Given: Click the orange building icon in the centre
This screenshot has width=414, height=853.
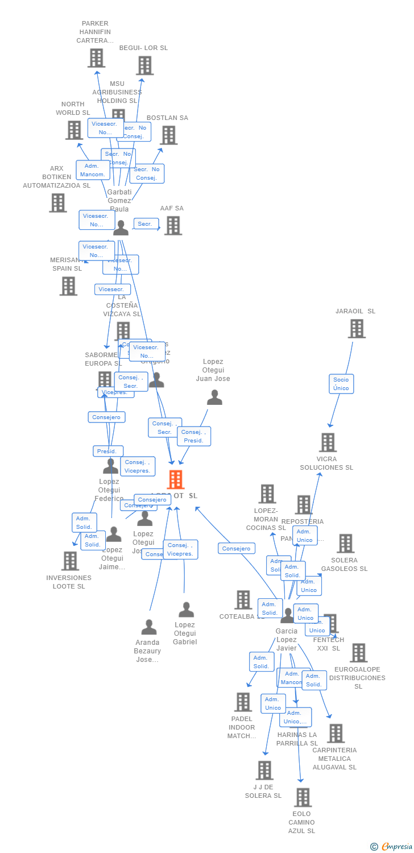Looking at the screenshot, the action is pyautogui.click(x=176, y=479).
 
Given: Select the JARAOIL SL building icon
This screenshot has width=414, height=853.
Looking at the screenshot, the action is pyautogui.click(x=357, y=329).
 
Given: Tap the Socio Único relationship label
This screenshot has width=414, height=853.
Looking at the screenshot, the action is pyautogui.click(x=341, y=384).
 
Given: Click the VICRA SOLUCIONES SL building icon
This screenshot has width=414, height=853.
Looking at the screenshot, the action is pyautogui.click(x=328, y=442).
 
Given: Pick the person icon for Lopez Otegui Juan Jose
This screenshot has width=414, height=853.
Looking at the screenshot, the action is pyautogui.click(x=214, y=397).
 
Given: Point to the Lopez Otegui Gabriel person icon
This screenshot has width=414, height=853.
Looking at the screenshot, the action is pyautogui.click(x=186, y=610).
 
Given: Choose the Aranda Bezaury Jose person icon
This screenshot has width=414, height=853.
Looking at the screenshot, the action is pyautogui.click(x=149, y=627).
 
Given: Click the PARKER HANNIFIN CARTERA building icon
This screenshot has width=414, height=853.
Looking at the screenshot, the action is pyautogui.click(x=97, y=58).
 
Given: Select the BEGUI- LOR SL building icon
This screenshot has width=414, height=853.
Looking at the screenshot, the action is pyautogui.click(x=144, y=65).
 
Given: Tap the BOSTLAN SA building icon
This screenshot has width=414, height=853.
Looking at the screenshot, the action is pyautogui.click(x=168, y=135).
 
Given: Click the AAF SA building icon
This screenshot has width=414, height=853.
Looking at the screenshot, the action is pyautogui.click(x=173, y=226).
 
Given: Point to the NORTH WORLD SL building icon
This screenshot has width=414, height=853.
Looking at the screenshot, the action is pyautogui.click(x=74, y=130).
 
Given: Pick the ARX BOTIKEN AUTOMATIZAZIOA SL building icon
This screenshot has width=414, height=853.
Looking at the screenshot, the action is pyautogui.click(x=57, y=203).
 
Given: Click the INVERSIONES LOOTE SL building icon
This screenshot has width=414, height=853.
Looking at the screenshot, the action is pyautogui.click(x=70, y=561).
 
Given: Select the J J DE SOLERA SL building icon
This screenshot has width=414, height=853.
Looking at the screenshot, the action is pyautogui.click(x=264, y=771).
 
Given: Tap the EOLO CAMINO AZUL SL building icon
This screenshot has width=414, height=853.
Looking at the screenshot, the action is pyautogui.click(x=303, y=797).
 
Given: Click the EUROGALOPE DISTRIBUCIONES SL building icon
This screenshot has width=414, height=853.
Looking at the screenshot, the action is pyautogui.click(x=358, y=653).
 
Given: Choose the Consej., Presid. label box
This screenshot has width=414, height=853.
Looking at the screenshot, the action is pyautogui.click(x=194, y=436).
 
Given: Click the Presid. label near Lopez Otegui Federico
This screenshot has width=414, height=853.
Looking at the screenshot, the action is pyautogui.click(x=107, y=451).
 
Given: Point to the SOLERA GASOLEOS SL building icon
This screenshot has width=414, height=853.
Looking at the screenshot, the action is pyautogui.click(x=345, y=544).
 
